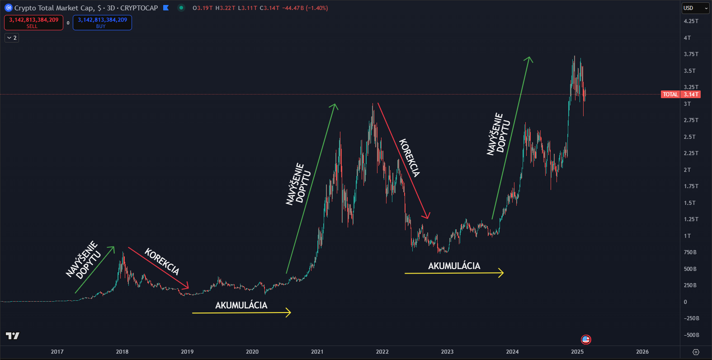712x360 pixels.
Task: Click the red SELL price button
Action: click(33, 23)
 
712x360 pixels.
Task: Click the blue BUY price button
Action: click(102, 23)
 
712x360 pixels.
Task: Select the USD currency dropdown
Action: click(695, 8)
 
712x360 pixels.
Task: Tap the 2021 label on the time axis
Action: click(317, 352)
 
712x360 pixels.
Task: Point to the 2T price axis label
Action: click(687, 170)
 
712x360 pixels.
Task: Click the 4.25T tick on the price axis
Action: click(691, 21)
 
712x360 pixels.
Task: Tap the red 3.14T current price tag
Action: click(691, 95)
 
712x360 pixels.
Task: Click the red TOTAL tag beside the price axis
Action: click(670, 95)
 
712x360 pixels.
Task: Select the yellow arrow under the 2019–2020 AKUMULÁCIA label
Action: click(241, 313)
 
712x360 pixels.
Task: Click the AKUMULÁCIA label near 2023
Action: click(454, 266)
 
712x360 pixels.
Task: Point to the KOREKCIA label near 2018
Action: click(162, 261)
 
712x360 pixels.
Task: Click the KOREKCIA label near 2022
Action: click(410, 157)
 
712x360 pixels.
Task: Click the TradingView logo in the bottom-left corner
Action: click(13, 336)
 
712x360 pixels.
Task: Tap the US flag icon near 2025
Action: click(586, 339)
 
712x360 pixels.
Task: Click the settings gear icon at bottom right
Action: click(696, 352)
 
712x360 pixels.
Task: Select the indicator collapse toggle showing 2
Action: click(12, 38)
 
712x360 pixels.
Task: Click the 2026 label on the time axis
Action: click(642, 352)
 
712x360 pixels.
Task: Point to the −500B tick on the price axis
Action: click(691, 335)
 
